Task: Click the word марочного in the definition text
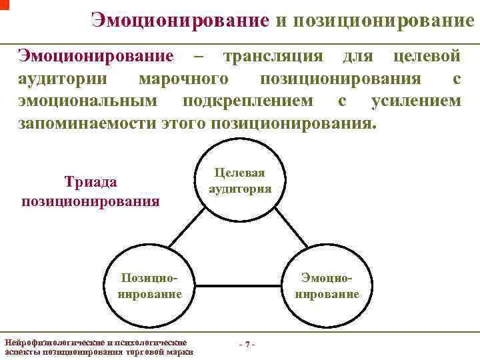pyautogui.click(x=180, y=79)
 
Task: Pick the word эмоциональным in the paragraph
pyautogui.click(x=87, y=101)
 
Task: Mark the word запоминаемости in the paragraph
pyautogui.click(x=87, y=123)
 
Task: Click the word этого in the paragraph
pyautogui.click(x=183, y=123)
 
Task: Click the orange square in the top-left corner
pyautogui.click(x=4, y=4)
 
